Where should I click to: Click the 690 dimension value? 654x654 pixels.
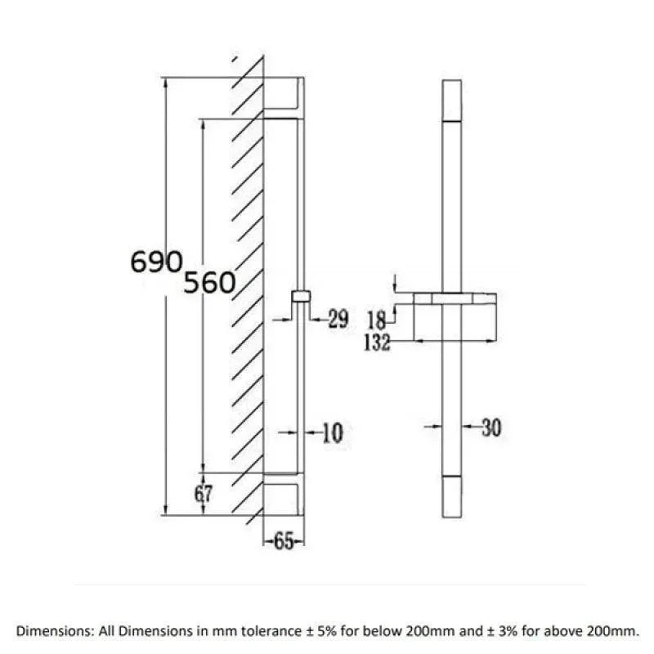[156, 262]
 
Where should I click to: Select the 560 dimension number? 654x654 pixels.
[209, 282]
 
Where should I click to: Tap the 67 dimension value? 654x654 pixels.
[203, 494]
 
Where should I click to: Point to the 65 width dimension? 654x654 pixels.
[284, 541]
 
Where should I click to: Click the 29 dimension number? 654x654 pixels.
[338, 319]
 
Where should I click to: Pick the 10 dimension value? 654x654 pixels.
[333, 432]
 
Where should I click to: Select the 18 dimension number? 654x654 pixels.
[377, 320]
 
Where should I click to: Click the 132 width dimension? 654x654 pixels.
[377, 343]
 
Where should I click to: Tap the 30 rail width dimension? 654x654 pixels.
[491, 428]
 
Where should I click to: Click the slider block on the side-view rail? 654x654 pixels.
[301, 296]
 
